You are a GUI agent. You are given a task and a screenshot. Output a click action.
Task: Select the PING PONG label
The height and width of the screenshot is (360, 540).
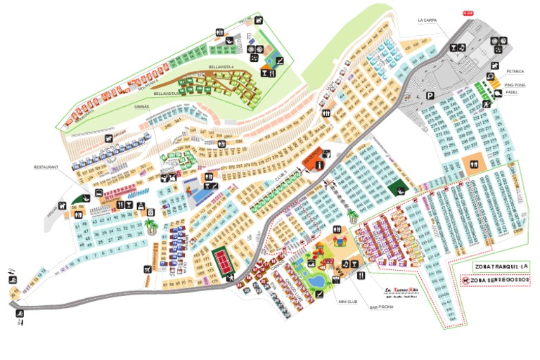pyautogui.click(x=515, y=85)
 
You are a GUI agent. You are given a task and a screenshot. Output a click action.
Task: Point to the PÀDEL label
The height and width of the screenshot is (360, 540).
pyautogui.click(x=512, y=92)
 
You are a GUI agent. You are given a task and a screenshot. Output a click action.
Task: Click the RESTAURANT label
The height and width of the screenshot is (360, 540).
pyautogui.click(x=46, y=167)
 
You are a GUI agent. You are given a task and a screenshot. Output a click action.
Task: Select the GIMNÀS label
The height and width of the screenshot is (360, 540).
pyautogui.click(x=142, y=107)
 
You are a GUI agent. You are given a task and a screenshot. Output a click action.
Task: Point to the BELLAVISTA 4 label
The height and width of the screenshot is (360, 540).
pyautogui.click(x=221, y=67)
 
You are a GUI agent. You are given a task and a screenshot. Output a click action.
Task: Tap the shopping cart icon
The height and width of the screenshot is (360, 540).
pyautogui.click(x=148, y=269)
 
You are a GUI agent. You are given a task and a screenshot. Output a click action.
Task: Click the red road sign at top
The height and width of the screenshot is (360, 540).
pyautogui.click(x=468, y=13)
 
